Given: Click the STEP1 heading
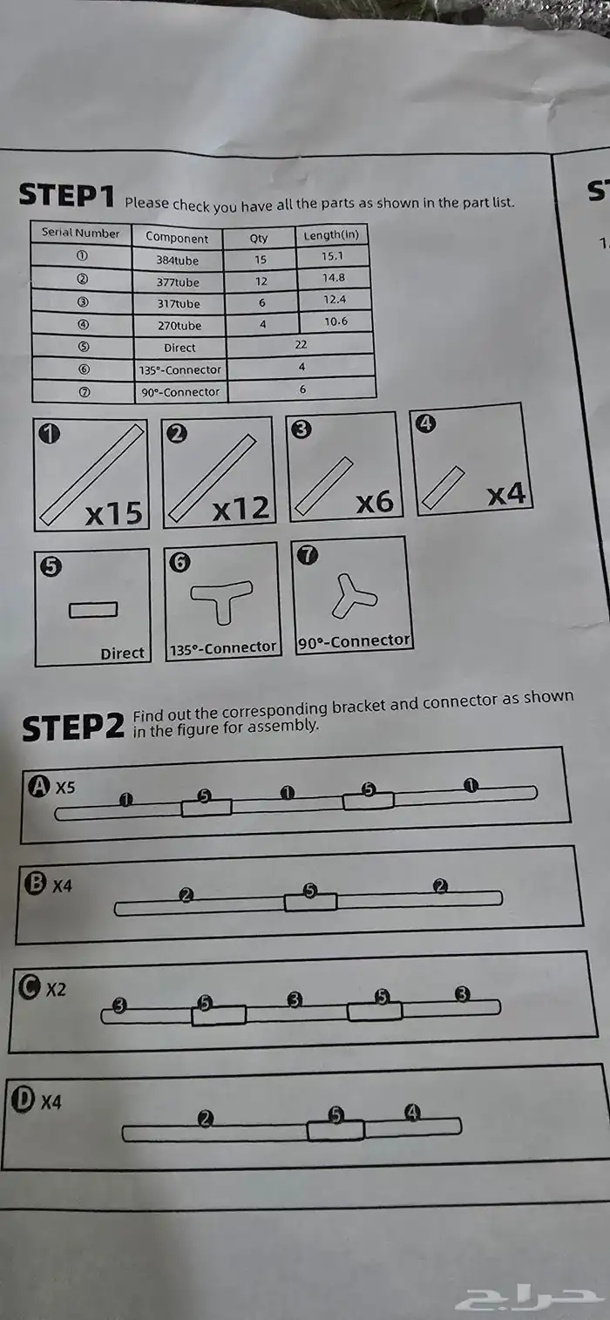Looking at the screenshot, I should coord(66,195).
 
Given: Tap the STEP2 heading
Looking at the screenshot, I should coord(74,727).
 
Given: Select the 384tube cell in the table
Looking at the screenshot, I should coord(178,260).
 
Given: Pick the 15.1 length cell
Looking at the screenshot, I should coord(332,256).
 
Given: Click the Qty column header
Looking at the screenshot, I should coord(259,238).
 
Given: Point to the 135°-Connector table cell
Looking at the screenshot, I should coord(180,369).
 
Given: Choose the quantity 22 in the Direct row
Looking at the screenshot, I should coord(301,345).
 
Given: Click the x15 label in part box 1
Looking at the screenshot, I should coord(113,513).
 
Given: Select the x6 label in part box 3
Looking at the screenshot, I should coord(375,503).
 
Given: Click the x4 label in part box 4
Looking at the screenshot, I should coord(505,495).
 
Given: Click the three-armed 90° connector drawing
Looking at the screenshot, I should coord(353,595).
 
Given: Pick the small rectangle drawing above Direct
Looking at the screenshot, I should coord(93,610).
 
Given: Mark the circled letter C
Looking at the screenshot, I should coord(30,988).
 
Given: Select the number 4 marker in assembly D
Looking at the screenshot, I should coord(413,1112).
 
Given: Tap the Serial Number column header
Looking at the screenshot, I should coord(81,234).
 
